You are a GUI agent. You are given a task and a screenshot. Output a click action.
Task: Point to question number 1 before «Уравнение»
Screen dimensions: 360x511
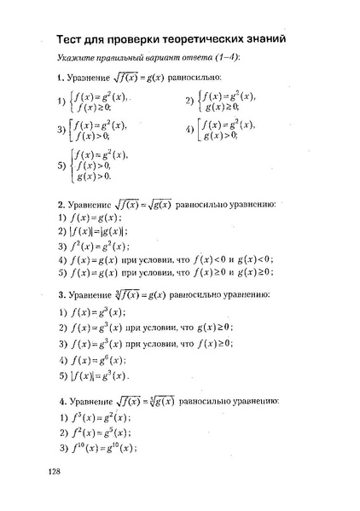point(60,78)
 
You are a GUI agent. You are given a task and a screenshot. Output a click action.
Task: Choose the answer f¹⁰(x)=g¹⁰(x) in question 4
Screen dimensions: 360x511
point(102,448)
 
